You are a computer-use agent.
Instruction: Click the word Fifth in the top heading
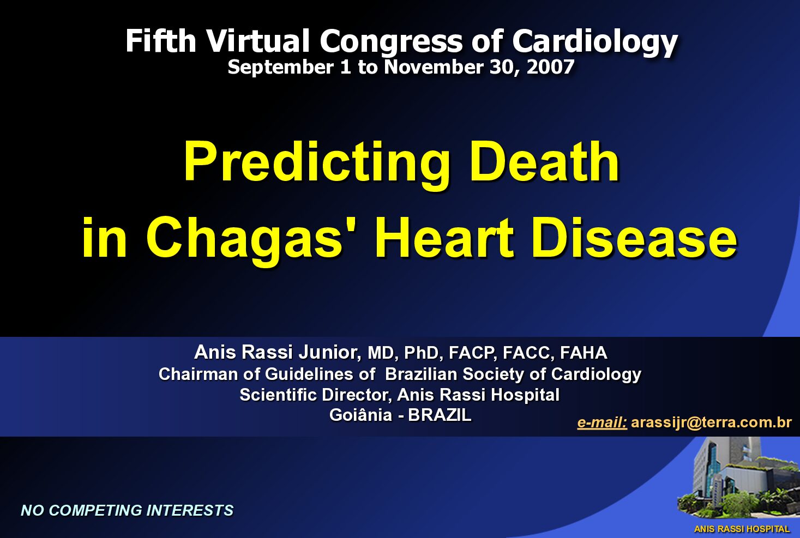[x=161, y=41]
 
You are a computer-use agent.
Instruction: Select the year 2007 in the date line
[x=550, y=67]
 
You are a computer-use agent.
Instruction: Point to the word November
[x=433, y=67]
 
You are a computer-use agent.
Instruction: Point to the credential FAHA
[x=584, y=353]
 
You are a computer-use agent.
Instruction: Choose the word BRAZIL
[x=440, y=415]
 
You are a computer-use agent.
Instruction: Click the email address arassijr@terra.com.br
[x=712, y=422]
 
